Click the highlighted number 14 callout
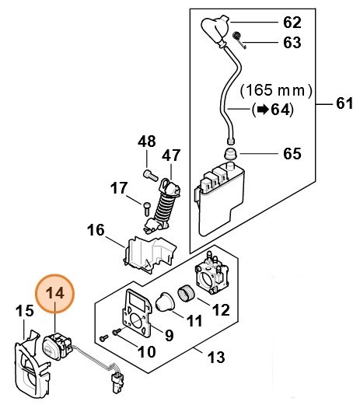pyautogui.click(x=54, y=294)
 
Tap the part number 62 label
pyautogui.click(x=292, y=23)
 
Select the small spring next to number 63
pyautogui.click(x=238, y=39)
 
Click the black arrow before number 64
pyautogui.click(x=263, y=110)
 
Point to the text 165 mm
pyautogui.click(x=275, y=90)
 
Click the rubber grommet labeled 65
pyautogui.click(x=230, y=154)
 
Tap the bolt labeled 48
pyautogui.click(x=150, y=175)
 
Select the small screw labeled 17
pyautogui.click(x=146, y=208)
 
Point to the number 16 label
pyautogui.click(x=96, y=229)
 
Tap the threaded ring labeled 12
pyautogui.click(x=187, y=294)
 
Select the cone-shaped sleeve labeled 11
pyautogui.click(x=165, y=302)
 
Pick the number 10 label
pyautogui.click(x=146, y=351)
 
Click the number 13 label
pyautogui.click(x=216, y=357)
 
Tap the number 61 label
pyautogui.click(x=344, y=103)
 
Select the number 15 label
pyautogui.click(x=25, y=310)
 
